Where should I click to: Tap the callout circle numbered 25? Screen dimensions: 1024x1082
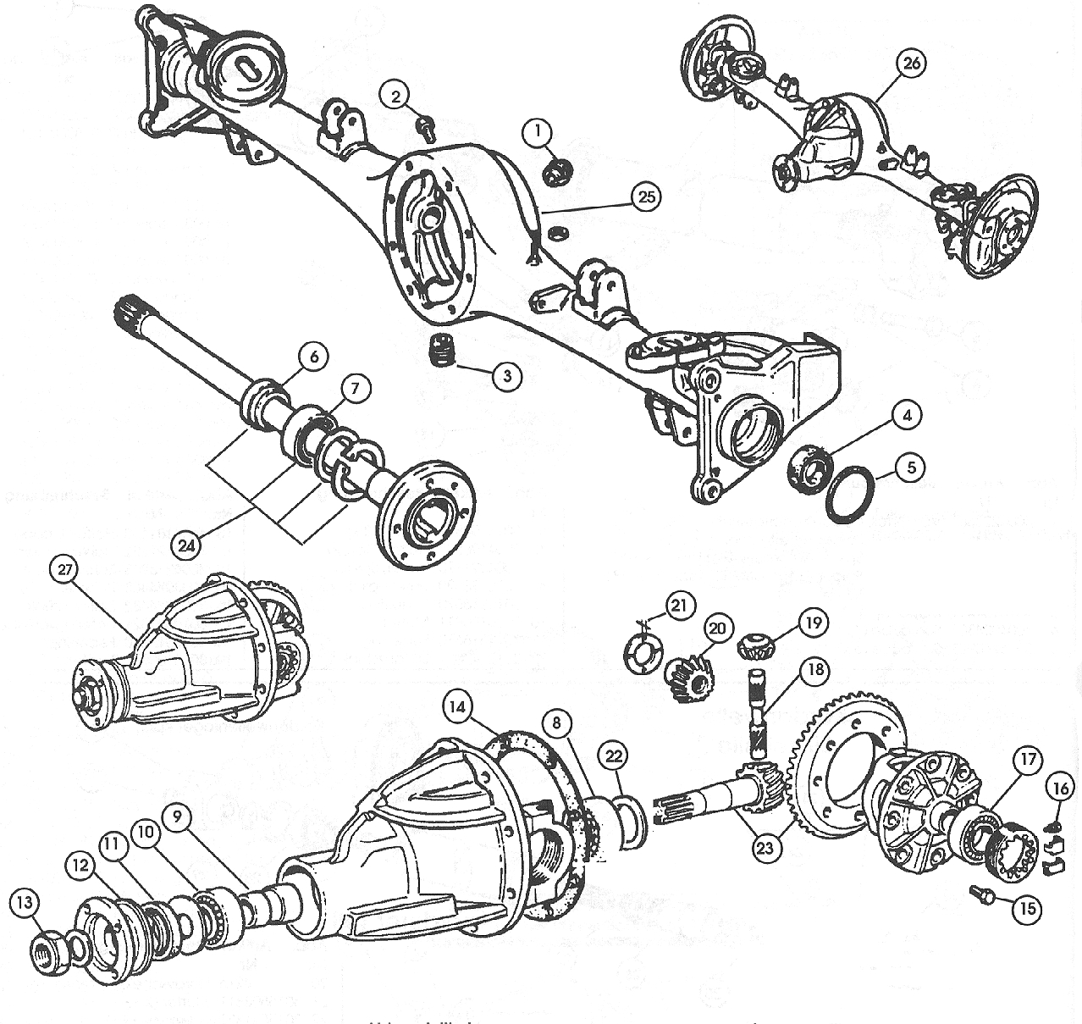pos(645,197)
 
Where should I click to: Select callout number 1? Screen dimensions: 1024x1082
pos(536,131)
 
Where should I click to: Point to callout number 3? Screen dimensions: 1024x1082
pos(505,376)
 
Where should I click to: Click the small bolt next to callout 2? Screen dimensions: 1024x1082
pos(425,126)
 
